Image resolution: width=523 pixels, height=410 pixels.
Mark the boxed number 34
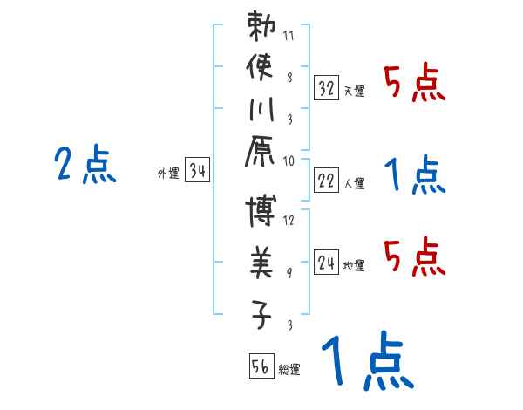(197, 172)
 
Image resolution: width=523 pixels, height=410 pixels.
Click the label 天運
(355, 91)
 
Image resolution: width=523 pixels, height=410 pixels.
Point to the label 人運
(355, 183)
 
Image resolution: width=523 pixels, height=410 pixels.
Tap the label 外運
(167, 174)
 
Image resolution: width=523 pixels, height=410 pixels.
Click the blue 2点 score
(85, 165)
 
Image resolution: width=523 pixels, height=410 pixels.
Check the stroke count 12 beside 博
(289, 221)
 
